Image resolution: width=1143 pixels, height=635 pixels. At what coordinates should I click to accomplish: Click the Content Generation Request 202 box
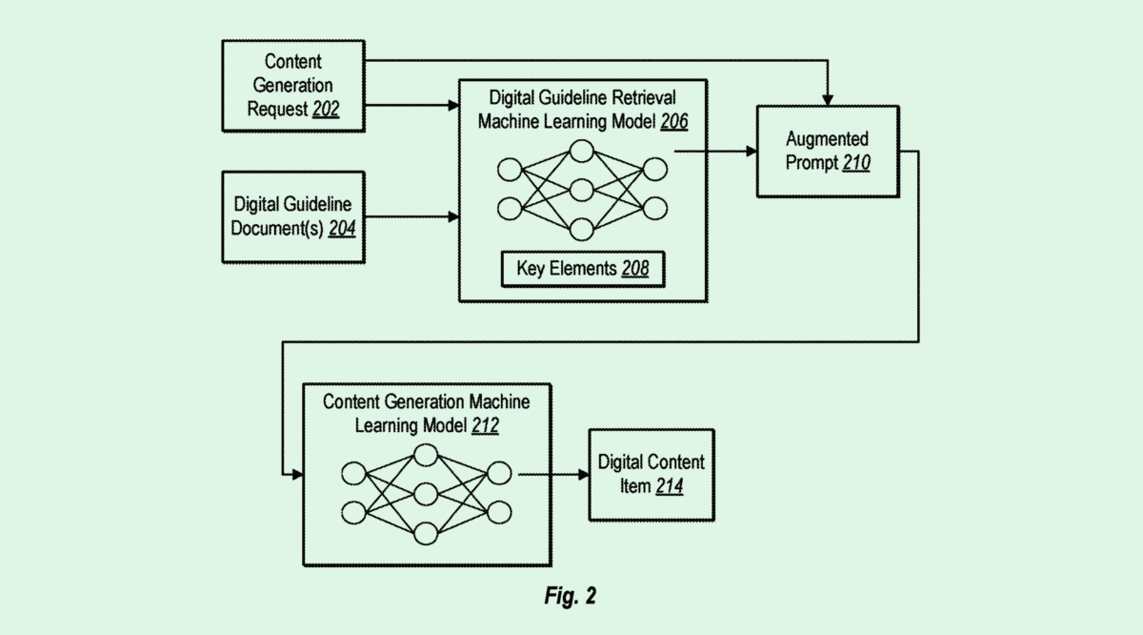(x=292, y=85)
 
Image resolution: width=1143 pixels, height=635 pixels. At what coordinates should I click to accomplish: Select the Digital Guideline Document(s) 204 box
(x=292, y=216)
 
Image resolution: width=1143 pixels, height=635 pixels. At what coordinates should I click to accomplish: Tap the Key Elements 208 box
(x=582, y=269)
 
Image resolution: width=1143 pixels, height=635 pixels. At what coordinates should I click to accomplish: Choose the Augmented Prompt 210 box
(x=827, y=152)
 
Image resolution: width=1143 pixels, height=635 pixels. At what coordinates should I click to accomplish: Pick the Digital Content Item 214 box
(x=651, y=474)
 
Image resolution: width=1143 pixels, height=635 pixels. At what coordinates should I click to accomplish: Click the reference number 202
(x=326, y=110)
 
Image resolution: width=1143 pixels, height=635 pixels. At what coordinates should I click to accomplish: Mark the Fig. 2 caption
(x=571, y=597)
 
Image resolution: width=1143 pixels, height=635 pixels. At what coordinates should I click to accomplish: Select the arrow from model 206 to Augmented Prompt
(x=714, y=150)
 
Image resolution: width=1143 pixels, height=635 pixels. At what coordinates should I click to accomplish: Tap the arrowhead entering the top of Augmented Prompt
(x=827, y=99)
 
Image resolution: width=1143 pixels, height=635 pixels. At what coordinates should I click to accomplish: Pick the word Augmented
(x=827, y=140)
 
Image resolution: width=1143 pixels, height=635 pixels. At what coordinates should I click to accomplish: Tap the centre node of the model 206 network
(x=582, y=191)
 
